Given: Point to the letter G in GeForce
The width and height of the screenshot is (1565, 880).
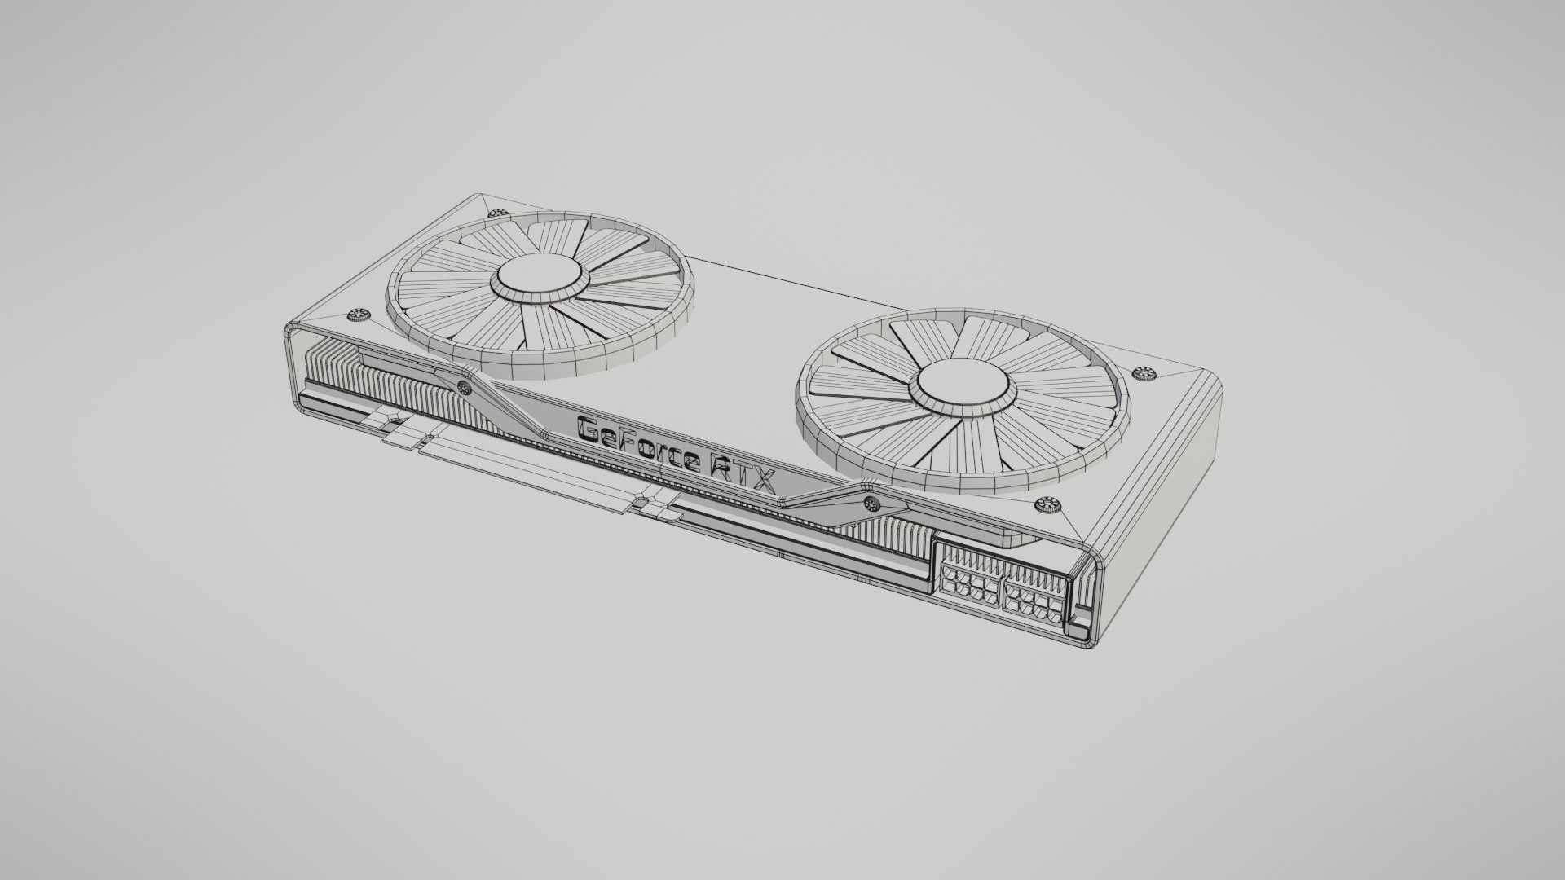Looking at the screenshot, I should [589, 429].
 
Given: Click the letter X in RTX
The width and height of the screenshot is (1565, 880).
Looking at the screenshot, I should [765, 482].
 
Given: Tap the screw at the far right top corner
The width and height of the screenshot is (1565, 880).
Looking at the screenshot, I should [1143, 373].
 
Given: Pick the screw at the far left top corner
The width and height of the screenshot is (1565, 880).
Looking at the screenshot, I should [356, 315].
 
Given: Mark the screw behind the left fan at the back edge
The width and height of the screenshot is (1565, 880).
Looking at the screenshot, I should [496, 213].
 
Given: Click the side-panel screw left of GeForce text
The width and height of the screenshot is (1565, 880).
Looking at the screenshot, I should [464, 385].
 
